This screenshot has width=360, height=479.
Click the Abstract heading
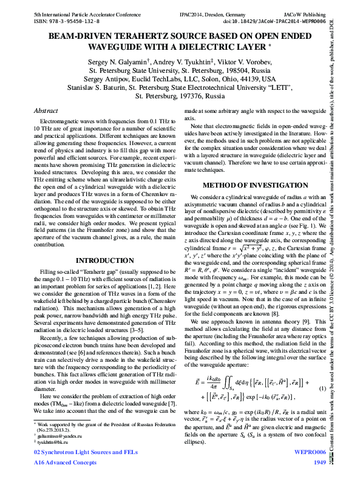click(x=46, y=112)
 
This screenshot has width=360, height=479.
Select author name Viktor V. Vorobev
click(x=246, y=62)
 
